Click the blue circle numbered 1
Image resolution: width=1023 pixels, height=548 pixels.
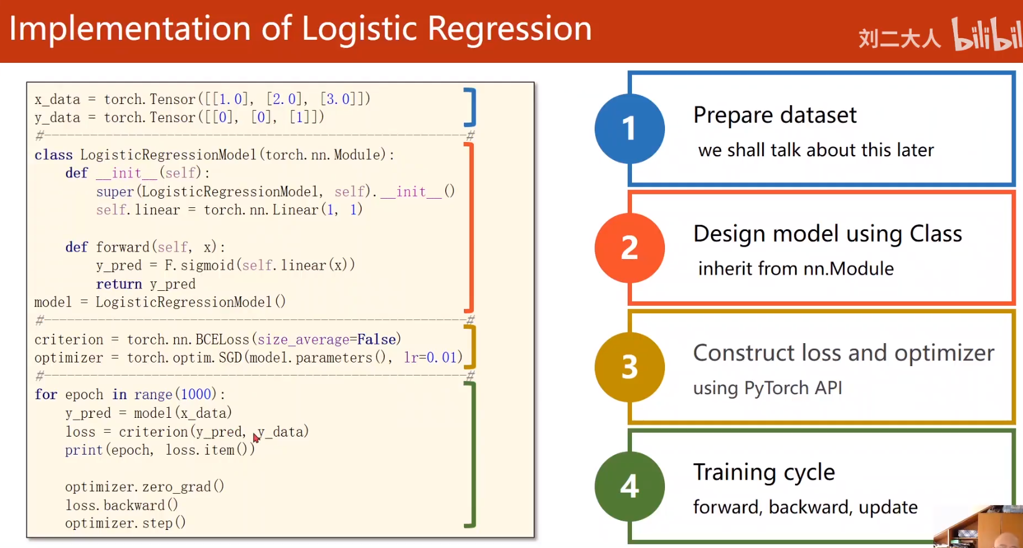pos(629,129)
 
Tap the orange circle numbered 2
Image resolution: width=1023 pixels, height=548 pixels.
pos(629,248)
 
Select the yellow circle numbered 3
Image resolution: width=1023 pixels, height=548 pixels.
pos(629,367)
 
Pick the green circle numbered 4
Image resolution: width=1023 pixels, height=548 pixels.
pos(629,486)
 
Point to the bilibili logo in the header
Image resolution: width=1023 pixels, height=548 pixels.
pos(986,34)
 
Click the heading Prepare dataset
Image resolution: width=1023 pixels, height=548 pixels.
pos(775,115)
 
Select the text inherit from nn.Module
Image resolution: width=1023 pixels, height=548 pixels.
pos(796,268)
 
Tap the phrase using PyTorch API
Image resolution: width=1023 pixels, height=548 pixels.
pos(767,388)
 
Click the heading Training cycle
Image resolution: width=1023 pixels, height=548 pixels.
pos(763,472)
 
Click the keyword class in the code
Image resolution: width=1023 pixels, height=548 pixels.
pos(54,155)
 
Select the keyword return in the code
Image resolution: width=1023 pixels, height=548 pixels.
pos(119,284)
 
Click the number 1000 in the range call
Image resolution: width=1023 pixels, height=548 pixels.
pos(196,395)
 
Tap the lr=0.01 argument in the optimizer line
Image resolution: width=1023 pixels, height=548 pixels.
pos(431,357)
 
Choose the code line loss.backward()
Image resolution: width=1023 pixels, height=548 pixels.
pos(121,505)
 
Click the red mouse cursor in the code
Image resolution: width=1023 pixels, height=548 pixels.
pos(256,438)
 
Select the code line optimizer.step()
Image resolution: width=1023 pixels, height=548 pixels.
pos(125,523)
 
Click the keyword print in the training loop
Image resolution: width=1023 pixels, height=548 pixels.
pos(83,450)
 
